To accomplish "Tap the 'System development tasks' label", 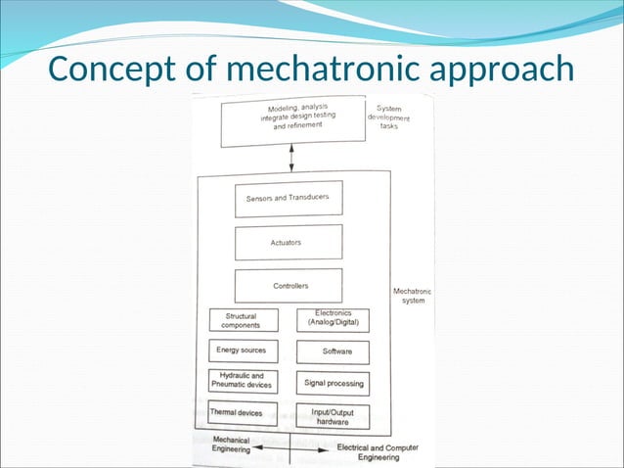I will (388, 117).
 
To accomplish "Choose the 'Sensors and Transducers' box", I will (288, 198).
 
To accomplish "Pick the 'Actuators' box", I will (288, 242).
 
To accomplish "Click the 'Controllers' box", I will (289, 286).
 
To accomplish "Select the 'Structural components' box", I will (243, 320).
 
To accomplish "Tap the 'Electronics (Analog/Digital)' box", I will (333, 318).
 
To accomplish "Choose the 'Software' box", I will (333, 350).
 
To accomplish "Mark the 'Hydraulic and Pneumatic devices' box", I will (243, 381).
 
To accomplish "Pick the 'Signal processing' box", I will (333, 383).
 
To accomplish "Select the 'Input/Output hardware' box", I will (333, 415).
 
